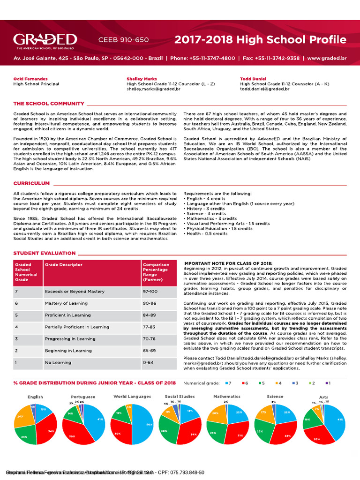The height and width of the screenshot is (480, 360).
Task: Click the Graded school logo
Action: click(45, 40)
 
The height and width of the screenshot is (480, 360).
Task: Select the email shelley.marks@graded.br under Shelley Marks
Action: click(153, 89)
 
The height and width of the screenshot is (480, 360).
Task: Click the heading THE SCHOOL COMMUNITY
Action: click(49, 104)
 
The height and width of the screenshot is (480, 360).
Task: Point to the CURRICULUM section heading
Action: click(31, 183)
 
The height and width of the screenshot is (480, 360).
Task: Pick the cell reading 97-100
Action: click(150, 292)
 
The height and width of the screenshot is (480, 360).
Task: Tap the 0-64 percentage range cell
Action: click(148, 362)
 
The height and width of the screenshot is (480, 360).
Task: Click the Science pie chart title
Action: click(275, 397)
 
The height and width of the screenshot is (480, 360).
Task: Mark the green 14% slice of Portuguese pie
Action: click(70, 414)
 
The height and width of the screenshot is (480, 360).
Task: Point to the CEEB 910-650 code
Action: click(123, 40)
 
